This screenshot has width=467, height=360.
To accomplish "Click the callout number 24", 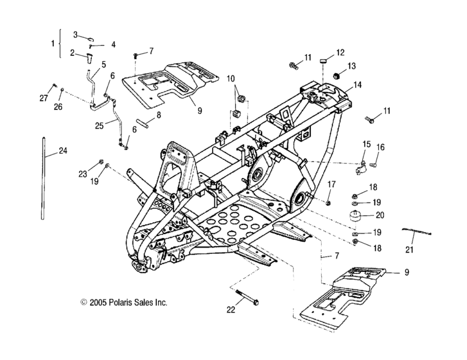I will pyautogui.click(x=62, y=151).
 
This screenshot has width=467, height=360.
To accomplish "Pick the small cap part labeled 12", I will pyautogui.click(x=326, y=61).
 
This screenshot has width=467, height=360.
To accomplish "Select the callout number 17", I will pyautogui.click(x=331, y=184).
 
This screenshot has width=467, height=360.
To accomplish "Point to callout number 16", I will pyautogui.click(x=398, y=147).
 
